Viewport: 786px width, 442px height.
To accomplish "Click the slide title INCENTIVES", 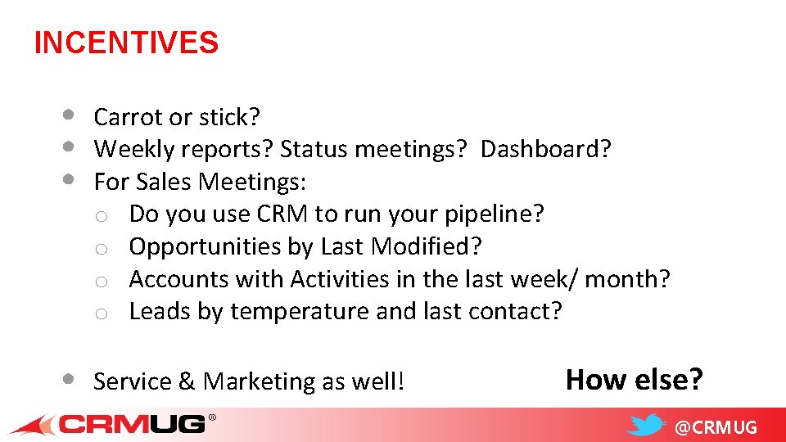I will [x=126, y=43].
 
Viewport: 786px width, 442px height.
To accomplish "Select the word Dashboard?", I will [x=545, y=150].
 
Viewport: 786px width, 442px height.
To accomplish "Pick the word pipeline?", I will [x=494, y=214].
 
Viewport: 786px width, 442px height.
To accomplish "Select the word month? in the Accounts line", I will [x=630, y=279].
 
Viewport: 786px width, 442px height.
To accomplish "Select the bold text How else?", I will [x=634, y=380].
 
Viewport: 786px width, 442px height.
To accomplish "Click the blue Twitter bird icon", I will [x=646, y=426].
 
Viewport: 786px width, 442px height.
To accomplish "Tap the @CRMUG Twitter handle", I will [x=716, y=427].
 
